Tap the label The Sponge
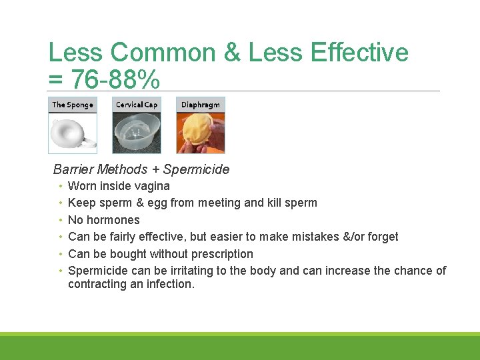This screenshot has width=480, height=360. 73,105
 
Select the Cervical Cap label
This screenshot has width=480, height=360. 137,105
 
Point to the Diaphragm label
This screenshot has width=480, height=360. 201,105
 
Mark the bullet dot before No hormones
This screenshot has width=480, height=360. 61,220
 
